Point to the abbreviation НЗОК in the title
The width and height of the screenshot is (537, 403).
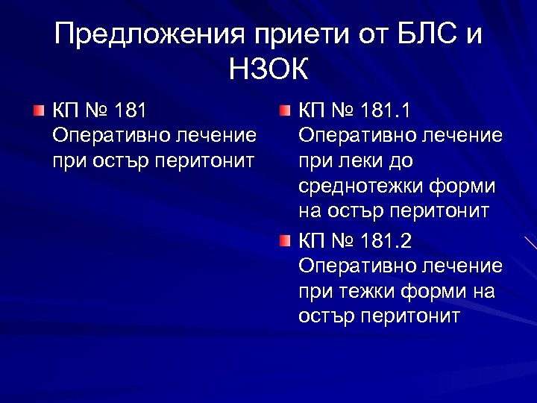pyautogui.click(x=268, y=71)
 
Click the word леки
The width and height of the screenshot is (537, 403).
pyautogui.click(x=362, y=160)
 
